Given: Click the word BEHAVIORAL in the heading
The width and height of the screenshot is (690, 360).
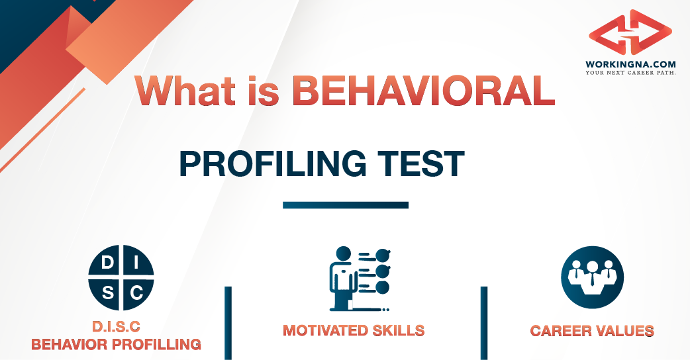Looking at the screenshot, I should pyautogui.click(x=423, y=92).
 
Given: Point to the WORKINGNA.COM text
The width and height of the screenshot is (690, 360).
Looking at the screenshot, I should pyautogui.click(x=630, y=64).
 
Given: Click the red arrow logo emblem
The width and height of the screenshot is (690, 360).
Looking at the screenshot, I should pyautogui.click(x=630, y=32).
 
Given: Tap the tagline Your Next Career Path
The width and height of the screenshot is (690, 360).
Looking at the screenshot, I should pyautogui.click(x=630, y=72).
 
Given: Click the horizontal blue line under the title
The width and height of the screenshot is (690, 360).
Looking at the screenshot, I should pyautogui.click(x=345, y=205).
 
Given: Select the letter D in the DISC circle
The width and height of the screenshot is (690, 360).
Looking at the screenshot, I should pyautogui.click(x=107, y=264).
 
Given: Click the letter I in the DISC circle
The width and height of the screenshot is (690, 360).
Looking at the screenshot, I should pyautogui.click(x=136, y=264).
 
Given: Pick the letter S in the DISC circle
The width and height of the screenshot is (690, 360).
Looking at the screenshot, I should pyautogui.click(x=107, y=292).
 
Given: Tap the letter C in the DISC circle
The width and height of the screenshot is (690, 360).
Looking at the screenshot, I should pyautogui.click(x=136, y=292).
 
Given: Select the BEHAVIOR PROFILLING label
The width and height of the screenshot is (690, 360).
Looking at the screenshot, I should pyautogui.click(x=117, y=344).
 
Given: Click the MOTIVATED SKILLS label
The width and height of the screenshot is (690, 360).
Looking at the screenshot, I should pyautogui.click(x=354, y=330).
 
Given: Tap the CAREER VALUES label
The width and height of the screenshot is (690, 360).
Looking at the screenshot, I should pyautogui.click(x=592, y=330).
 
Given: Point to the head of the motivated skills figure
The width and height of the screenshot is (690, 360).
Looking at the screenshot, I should pyautogui.click(x=342, y=253).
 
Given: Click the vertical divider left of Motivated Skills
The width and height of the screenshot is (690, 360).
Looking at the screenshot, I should pyautogui.click(x=228, y=322).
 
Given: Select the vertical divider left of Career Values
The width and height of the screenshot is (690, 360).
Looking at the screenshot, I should pyautogui.click(x=483, y=322).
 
